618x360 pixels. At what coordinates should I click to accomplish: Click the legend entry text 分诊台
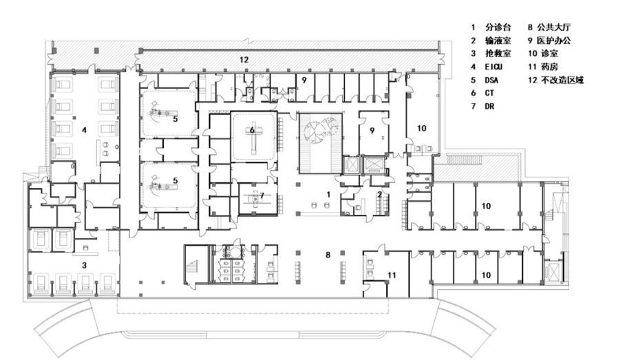coord(499,28)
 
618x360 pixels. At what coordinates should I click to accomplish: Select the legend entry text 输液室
coord(499,41)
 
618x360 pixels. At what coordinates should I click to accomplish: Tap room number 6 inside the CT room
coord(253,129)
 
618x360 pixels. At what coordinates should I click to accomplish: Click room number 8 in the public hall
coord(328,255)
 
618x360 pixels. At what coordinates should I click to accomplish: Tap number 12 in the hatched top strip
coord(243,61)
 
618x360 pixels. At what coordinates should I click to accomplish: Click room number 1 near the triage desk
coord(328,194)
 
